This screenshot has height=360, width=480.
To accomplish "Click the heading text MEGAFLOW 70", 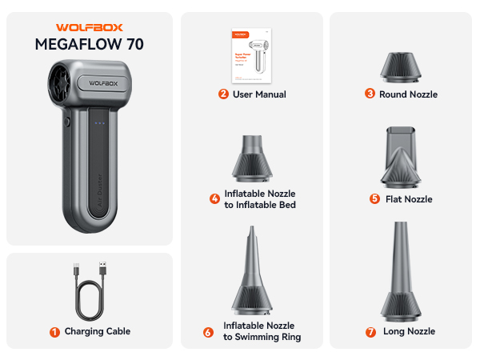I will pos(89,44).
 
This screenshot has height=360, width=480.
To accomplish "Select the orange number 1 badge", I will pos(54,331).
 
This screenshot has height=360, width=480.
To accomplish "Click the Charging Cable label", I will pos(98,331).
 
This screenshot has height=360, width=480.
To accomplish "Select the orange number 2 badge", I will pos(223,94).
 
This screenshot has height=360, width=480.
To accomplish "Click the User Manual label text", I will pos(259,94).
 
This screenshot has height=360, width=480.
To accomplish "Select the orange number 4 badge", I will pos(214,199).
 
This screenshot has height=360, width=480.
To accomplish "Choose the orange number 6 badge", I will pos(208,332).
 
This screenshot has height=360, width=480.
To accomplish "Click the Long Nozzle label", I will pos(410,331).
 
